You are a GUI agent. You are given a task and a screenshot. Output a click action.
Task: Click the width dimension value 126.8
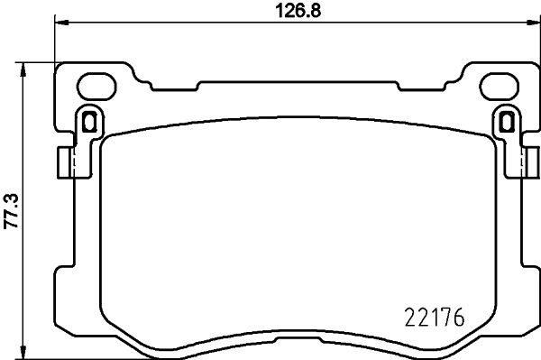[x=296, y=11]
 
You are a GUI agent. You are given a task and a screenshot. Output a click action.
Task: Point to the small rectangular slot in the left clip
[x=87, y=119]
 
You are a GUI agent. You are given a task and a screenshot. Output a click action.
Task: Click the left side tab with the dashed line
[x=63, y=162]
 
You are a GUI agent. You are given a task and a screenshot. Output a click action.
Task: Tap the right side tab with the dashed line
[x=527, y=162]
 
